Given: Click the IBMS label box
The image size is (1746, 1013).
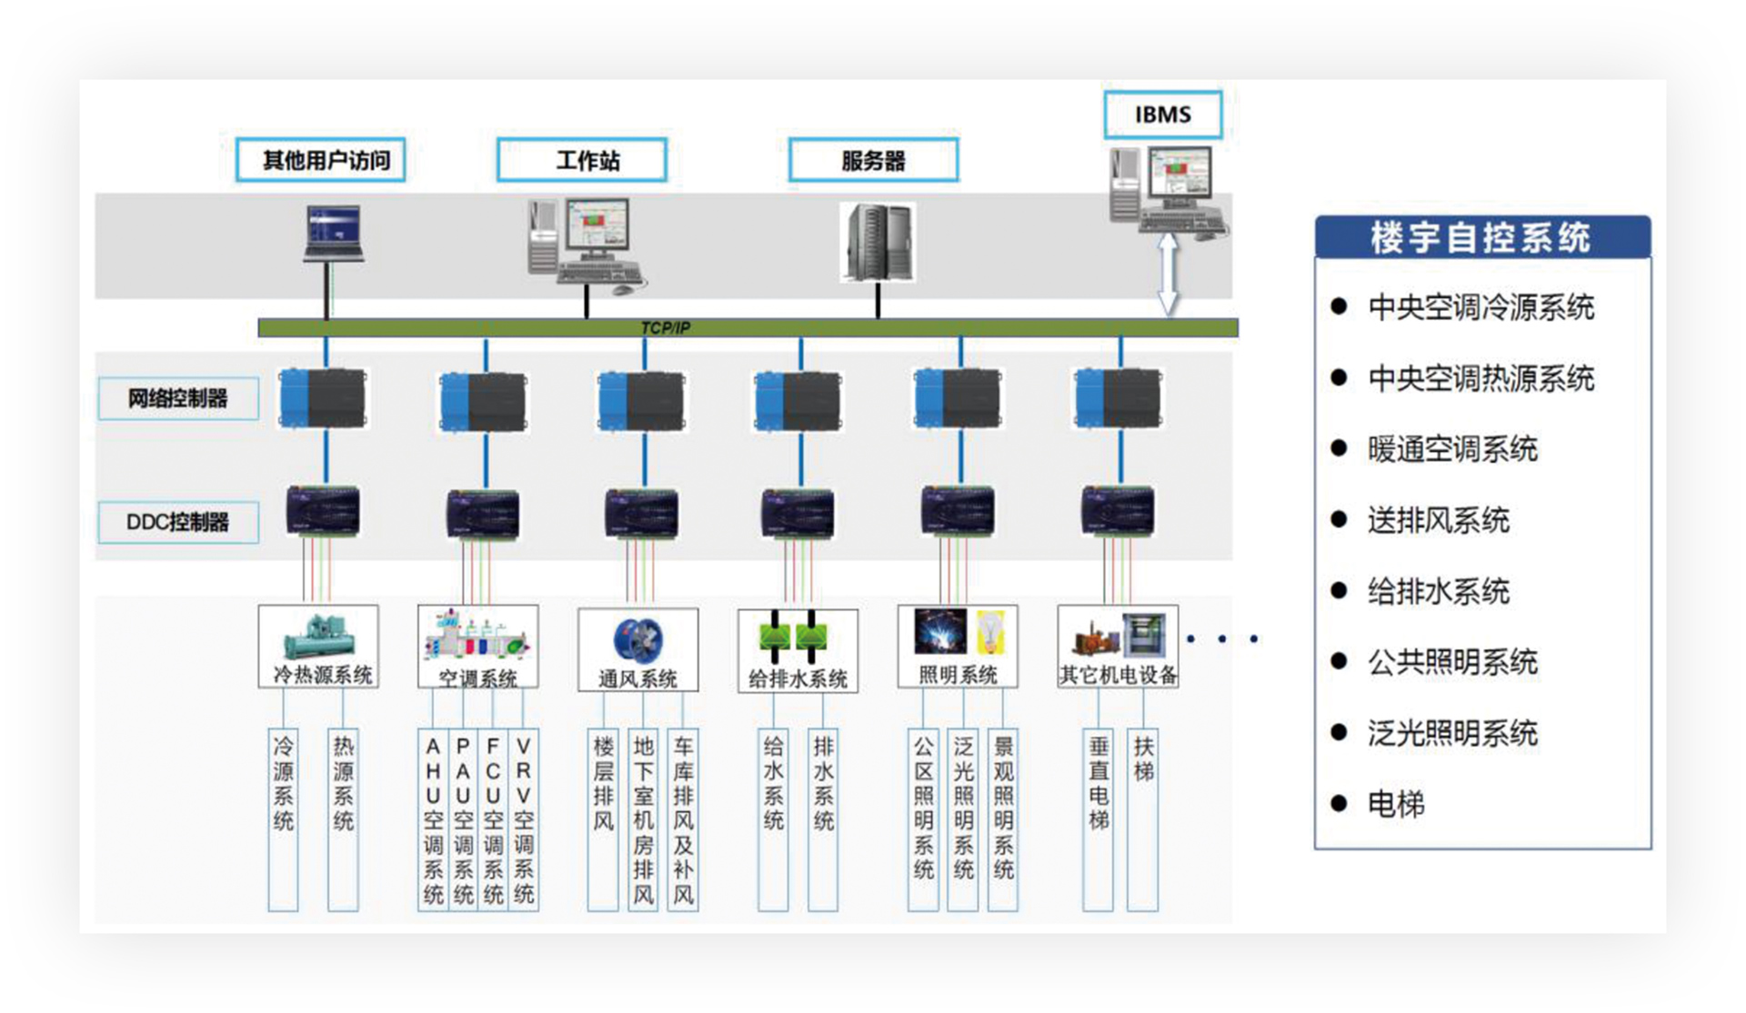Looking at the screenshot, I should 1162,115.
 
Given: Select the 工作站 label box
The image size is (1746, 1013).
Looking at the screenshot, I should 582,160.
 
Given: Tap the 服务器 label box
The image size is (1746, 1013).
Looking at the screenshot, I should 873,160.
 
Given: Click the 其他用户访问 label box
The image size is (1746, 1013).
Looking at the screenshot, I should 320,160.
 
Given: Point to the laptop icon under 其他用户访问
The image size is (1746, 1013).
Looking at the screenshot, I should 333,233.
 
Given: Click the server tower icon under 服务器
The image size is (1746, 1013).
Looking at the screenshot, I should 878,242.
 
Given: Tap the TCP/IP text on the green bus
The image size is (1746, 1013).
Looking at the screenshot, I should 665,327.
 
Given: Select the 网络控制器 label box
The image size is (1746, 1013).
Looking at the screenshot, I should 178,398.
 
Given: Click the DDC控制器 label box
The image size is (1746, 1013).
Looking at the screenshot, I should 178,522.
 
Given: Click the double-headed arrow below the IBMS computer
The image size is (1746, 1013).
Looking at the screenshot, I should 1168,273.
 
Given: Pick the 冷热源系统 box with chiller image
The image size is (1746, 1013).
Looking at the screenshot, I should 318,646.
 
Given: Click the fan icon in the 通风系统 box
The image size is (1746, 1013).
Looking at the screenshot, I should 638,638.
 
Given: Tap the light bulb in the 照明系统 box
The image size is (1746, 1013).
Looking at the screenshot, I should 990,631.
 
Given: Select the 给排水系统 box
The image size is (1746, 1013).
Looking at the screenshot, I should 798,650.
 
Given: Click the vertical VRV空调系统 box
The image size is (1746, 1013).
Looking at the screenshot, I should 524,818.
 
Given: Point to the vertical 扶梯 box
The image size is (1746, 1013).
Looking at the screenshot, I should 1143,818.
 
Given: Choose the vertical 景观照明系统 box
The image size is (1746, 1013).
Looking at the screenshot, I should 1003,818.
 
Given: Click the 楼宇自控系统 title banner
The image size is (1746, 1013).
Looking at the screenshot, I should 1482,237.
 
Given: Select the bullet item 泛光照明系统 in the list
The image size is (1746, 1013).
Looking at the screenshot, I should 1452,733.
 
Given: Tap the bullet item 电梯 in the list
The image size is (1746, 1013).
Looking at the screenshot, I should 1396,804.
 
